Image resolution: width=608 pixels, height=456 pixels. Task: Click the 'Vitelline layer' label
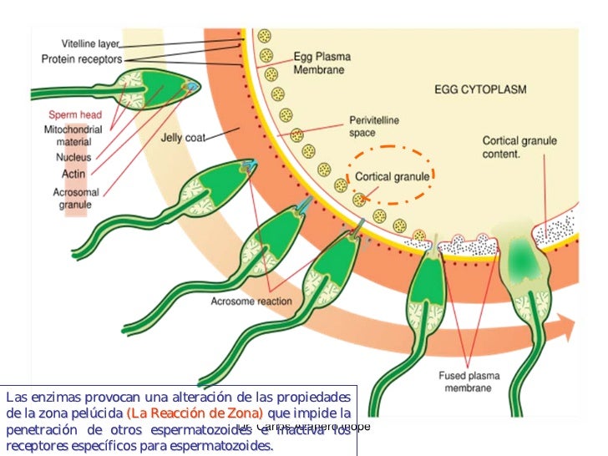coord(90,43)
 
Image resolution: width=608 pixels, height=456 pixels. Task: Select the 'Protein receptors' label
coord(82,59)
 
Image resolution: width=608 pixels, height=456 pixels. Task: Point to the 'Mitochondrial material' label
coord(73,136)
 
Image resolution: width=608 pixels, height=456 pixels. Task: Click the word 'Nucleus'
coord(73,157)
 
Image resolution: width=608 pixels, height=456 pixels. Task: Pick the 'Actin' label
coord(73,174)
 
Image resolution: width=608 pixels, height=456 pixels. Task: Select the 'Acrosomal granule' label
coord(74,197)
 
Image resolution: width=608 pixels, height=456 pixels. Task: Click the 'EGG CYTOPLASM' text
coord(480,89)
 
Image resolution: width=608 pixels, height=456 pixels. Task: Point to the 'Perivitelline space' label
coord(373,126)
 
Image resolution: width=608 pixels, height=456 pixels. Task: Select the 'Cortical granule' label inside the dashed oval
coord(393,177)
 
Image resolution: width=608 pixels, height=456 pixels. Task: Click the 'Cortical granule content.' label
coord(519,148)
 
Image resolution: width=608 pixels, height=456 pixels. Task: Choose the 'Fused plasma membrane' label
coord(469,382)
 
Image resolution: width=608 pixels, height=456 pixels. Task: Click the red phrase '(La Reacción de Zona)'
coord(195,413)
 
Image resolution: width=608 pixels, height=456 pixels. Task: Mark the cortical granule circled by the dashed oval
coord(359,199)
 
